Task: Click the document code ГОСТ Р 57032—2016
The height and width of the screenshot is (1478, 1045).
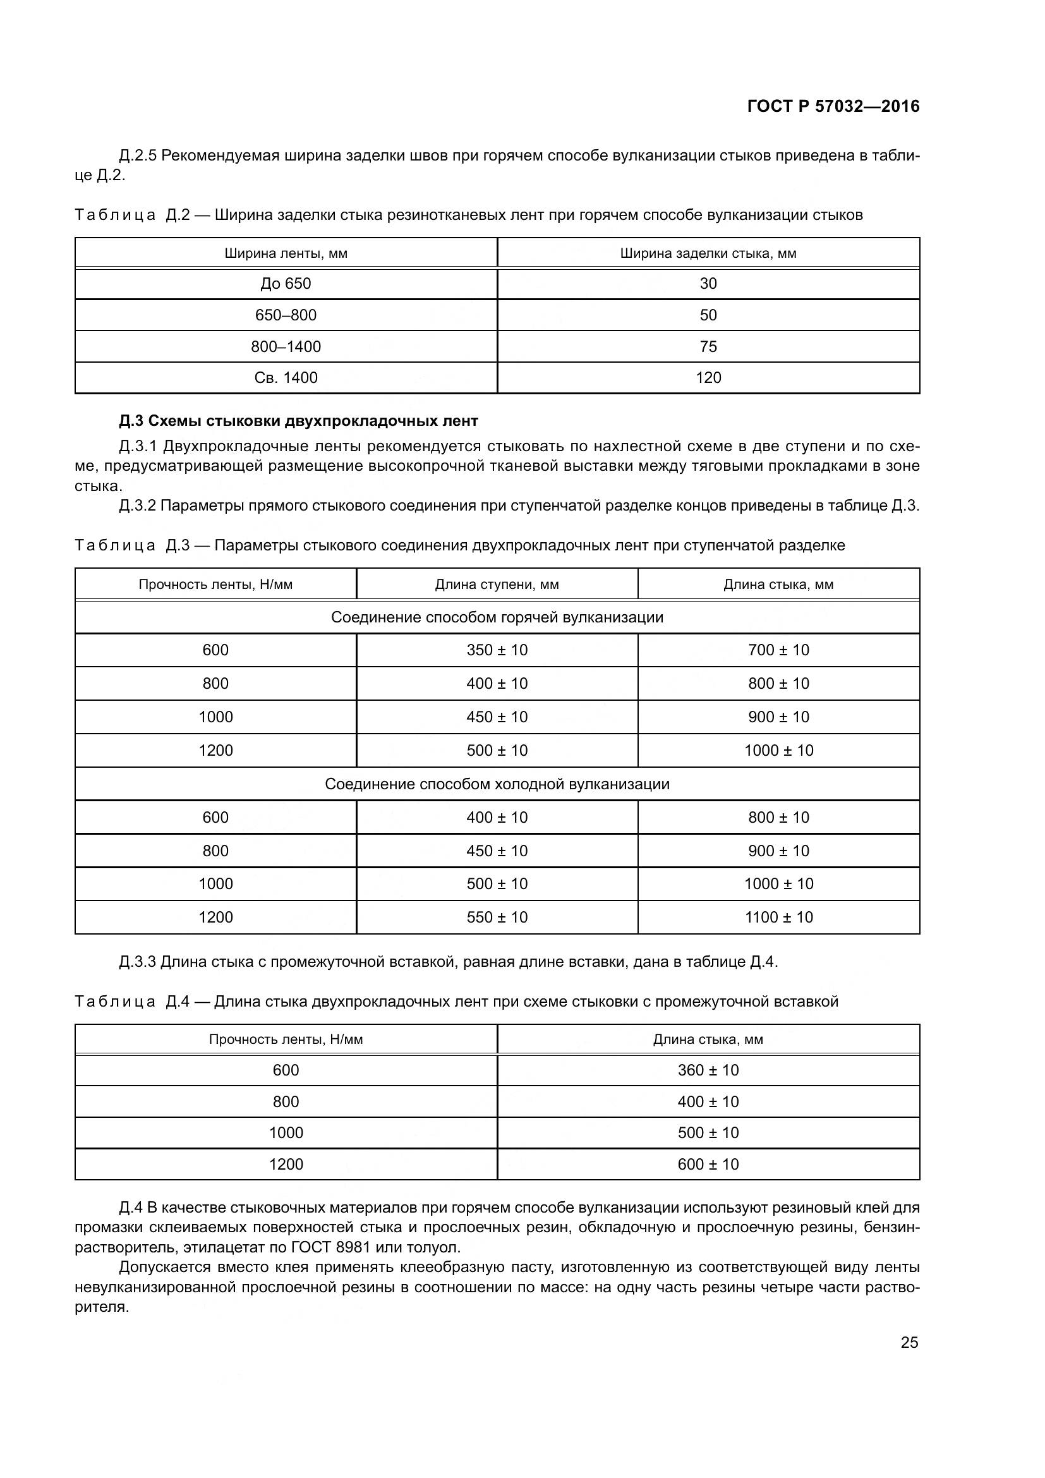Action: coord(833,106)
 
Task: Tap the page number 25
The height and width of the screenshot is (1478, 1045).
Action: coord(909,1342)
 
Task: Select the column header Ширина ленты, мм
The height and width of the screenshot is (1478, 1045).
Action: coord(286,253)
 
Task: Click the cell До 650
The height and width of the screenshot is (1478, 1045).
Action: coord(286,283)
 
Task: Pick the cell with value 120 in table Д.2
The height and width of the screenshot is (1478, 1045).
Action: coord(708,378)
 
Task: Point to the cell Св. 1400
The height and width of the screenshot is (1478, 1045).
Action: coord(286,378)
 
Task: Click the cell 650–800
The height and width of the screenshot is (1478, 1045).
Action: coord(286,315)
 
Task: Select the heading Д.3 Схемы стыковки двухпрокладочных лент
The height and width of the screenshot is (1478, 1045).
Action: coord(299,421)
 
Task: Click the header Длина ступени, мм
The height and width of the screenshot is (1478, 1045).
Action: coord(497,585)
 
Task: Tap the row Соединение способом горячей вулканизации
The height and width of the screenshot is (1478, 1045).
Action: coord(497,617)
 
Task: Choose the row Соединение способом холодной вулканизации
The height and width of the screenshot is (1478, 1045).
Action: coord(497,784)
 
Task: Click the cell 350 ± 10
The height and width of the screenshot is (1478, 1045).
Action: coord(497,650)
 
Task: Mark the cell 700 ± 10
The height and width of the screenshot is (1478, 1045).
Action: coord(778,650)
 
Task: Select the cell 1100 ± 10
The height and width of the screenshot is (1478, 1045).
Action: coord(778,918)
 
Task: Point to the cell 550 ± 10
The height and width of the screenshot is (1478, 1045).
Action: coord(497,918)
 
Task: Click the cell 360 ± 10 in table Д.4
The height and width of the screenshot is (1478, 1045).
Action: coord(708,1070)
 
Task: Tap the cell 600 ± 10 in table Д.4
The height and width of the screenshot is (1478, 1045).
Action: coord(708,1165)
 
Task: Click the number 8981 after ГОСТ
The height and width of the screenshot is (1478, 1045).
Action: coord(353,1247)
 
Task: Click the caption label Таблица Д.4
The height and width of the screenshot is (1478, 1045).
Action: coord(132,1002)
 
